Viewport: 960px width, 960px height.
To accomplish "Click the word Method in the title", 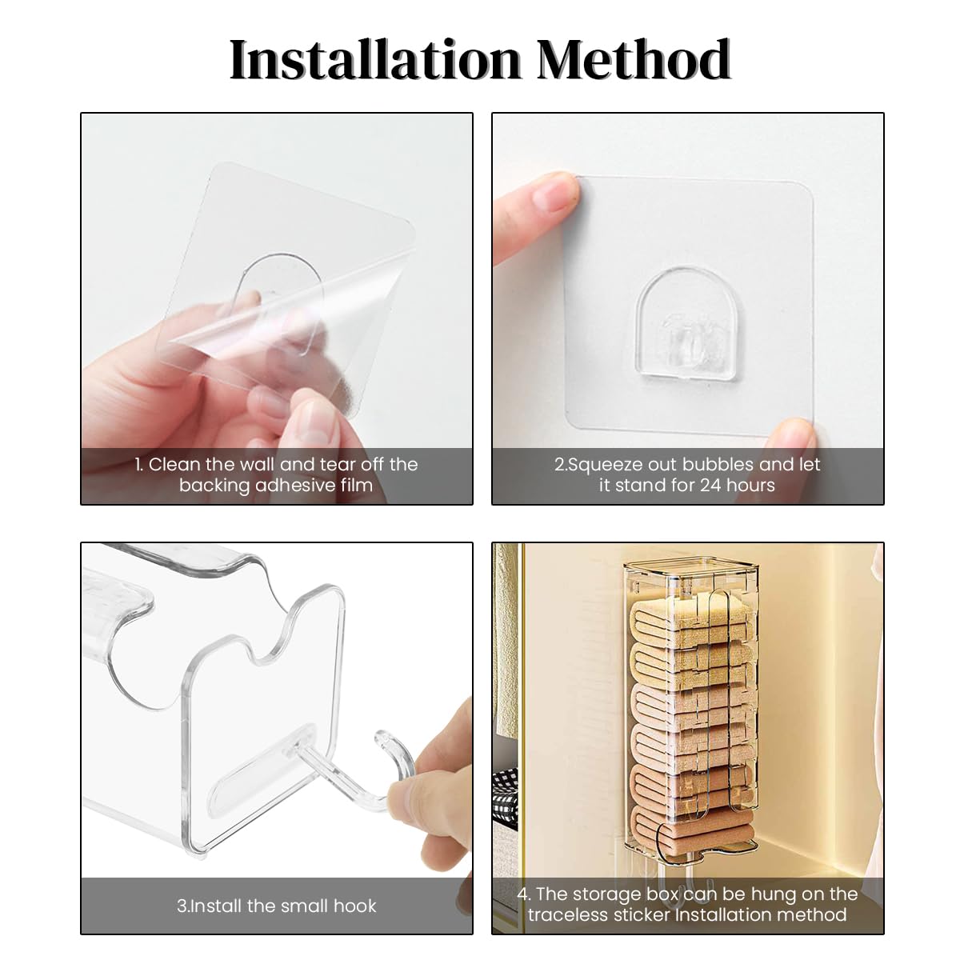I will point(634,60).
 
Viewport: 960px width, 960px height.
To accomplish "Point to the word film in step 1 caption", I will point(356,486).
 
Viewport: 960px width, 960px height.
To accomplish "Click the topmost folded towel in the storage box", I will point(690,612).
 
